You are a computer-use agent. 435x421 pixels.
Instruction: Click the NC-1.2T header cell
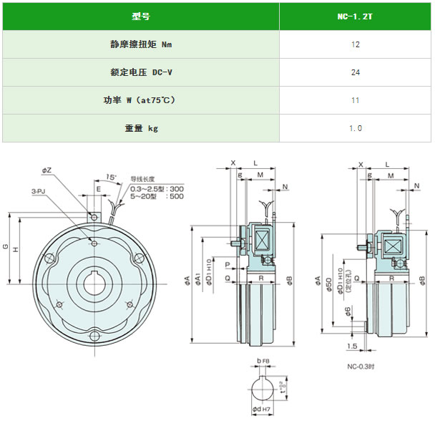(356, 15)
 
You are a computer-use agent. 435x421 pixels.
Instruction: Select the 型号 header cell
(141, 15)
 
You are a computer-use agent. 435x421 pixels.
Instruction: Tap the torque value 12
(356, 44)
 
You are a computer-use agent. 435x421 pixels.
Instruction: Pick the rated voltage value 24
(356, 72)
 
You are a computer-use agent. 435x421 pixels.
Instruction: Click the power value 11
(356, 100)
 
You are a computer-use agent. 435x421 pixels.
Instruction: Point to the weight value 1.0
(356, 128)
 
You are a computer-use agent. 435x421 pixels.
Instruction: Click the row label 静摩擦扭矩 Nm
(141, 44)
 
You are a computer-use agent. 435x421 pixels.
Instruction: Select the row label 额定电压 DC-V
(141, 72)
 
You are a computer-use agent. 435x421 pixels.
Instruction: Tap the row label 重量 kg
(141, 128)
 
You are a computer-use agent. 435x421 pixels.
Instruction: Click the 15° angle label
(111, 176)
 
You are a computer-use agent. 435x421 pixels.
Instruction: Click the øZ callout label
(47, 170)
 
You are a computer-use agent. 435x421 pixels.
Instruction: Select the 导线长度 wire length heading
(142, 179)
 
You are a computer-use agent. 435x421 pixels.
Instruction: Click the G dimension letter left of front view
(6, 247)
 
